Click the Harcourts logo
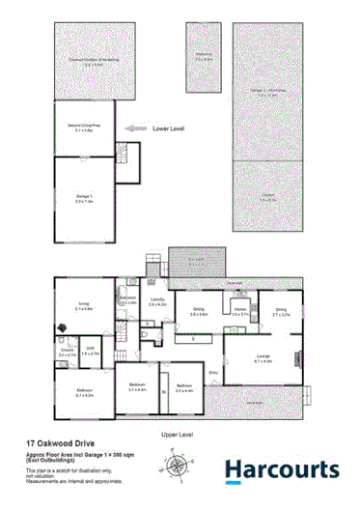[x=281, y=470]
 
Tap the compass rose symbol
[x=178, y=467]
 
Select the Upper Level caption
[x=179, y=435]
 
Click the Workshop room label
[x=203, y=57]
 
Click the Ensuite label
[x=67, y=353]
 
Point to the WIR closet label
[x=89, y=352]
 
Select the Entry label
[x=213, y=371]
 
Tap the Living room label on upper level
[x=85, y=307]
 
